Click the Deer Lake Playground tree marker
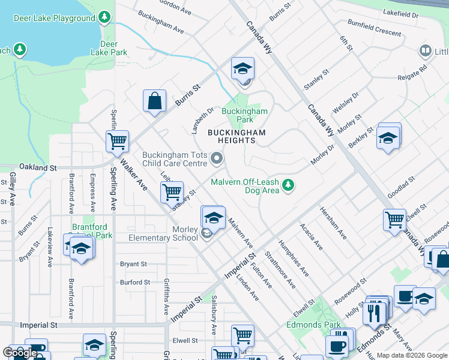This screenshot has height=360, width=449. point(106,18)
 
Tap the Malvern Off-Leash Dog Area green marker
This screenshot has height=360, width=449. point(289,185)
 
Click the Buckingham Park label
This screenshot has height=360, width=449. point(244,115)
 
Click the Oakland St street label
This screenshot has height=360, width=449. point(37,167)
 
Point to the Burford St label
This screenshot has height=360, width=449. point(134,282)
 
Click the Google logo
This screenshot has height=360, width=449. point(20,353)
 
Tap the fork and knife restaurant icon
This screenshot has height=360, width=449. point(375,312)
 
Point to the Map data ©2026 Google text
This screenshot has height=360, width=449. point(412,355)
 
